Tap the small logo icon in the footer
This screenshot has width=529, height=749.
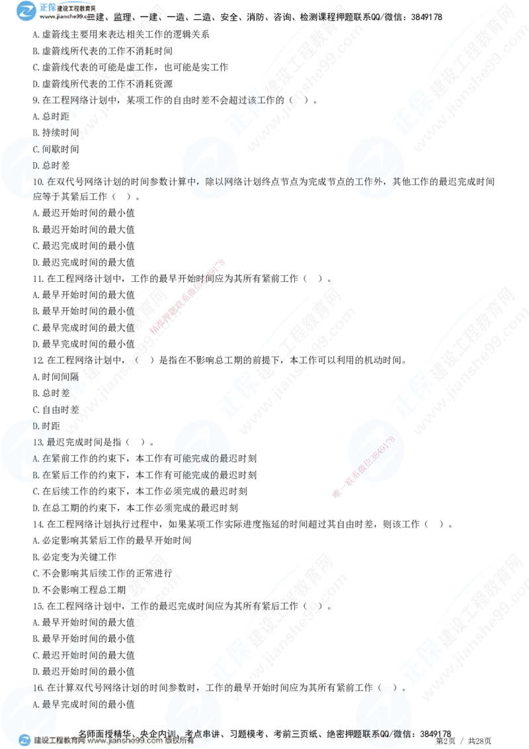click(x=25, y=740)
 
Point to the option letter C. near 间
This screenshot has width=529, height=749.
click(x=37, y=149)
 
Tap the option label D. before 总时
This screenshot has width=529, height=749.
click(x=37, y=165)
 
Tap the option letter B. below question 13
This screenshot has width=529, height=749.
click(x=36, y=474)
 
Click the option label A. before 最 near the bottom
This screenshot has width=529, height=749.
click(x=37, y=705)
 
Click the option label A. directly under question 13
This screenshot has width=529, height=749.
click(x=36, y=458)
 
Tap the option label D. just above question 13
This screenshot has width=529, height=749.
click(x=36, y=425)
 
